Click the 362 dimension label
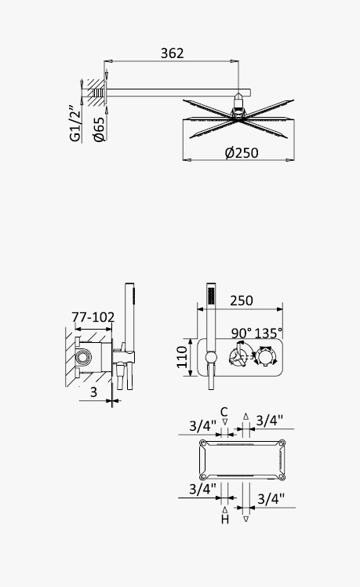point(172,53)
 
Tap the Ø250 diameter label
point(242,153)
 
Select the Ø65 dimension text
point(99,129)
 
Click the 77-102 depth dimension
point(93,317)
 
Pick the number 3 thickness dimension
point(93,392)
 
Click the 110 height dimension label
point(182,357)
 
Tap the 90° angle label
point(242,333)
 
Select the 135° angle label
point(268,333)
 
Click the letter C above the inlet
point(224,412)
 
